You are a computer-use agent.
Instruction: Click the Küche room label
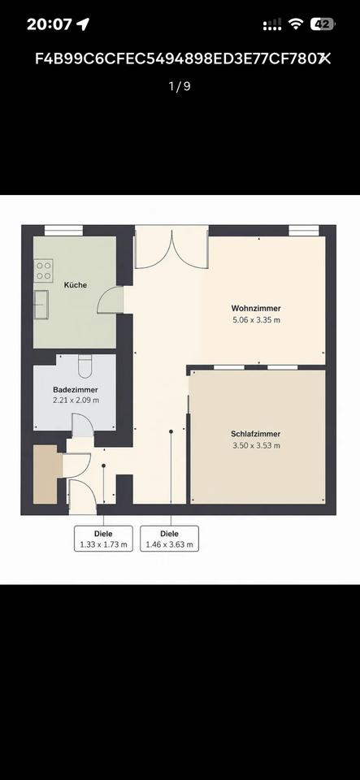click(76, 285)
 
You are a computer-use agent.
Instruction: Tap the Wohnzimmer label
click(256, 309)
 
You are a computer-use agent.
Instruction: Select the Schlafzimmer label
click(256, 434)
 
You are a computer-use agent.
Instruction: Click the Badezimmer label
click(76, 390)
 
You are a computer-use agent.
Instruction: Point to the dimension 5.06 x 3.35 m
click(256, 320)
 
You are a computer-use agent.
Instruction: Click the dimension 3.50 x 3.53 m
click(256, 446)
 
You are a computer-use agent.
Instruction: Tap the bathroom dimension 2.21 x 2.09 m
click(76, 400)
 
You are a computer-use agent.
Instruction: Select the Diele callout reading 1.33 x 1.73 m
click(103, 539)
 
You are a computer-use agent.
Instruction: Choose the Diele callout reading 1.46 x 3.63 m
click(170, 539)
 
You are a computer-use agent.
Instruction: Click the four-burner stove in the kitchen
click(43, 271)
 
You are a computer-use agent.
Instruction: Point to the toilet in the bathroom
click(85, 366)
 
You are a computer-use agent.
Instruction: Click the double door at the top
click(171, 249)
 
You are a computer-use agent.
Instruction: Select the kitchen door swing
click(111, 300)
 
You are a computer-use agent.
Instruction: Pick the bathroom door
click(83, 425)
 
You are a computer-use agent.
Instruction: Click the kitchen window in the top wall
click(63, 231)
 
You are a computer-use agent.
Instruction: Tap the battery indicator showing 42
click(322, 24)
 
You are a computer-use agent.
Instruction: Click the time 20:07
click(50, 24)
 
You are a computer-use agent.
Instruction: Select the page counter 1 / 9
click(180, 86)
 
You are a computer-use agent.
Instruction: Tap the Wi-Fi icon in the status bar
click(297, 24)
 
